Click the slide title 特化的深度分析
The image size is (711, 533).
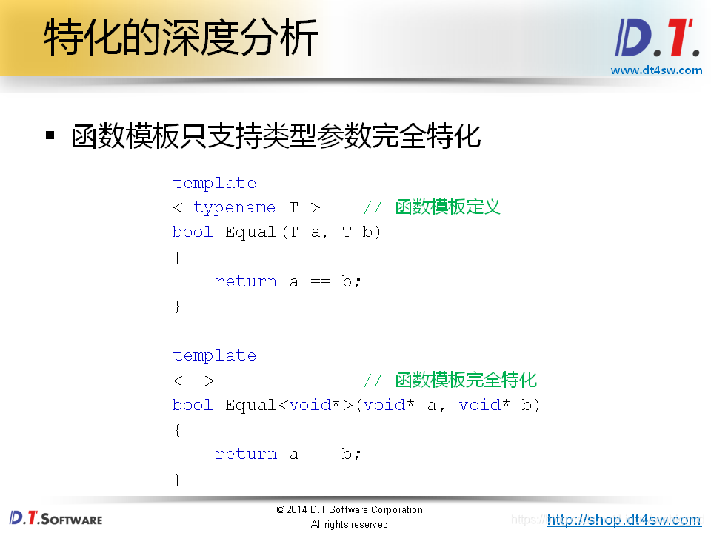(181, 38)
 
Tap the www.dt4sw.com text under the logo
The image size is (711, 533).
(656, 70)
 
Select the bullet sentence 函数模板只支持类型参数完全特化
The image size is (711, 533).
(276, 136)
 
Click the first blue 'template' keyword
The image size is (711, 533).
(214, 183)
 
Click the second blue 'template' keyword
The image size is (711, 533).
(214, 355)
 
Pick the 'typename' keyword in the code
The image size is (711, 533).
(234, 207)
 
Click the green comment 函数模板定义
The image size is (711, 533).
(447, 207)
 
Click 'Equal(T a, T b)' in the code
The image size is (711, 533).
(303, 232)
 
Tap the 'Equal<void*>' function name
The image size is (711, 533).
(289, 405)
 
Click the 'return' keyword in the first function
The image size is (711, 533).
(246, 281)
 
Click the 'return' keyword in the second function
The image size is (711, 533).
(246, 454)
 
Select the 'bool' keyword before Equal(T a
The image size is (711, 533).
(193, 232)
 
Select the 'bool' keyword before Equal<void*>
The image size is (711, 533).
(193, 405)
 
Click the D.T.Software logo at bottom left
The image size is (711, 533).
(56, 517)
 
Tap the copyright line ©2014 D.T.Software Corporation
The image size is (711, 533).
(350, 510)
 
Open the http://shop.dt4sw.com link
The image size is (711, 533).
(624, 520)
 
